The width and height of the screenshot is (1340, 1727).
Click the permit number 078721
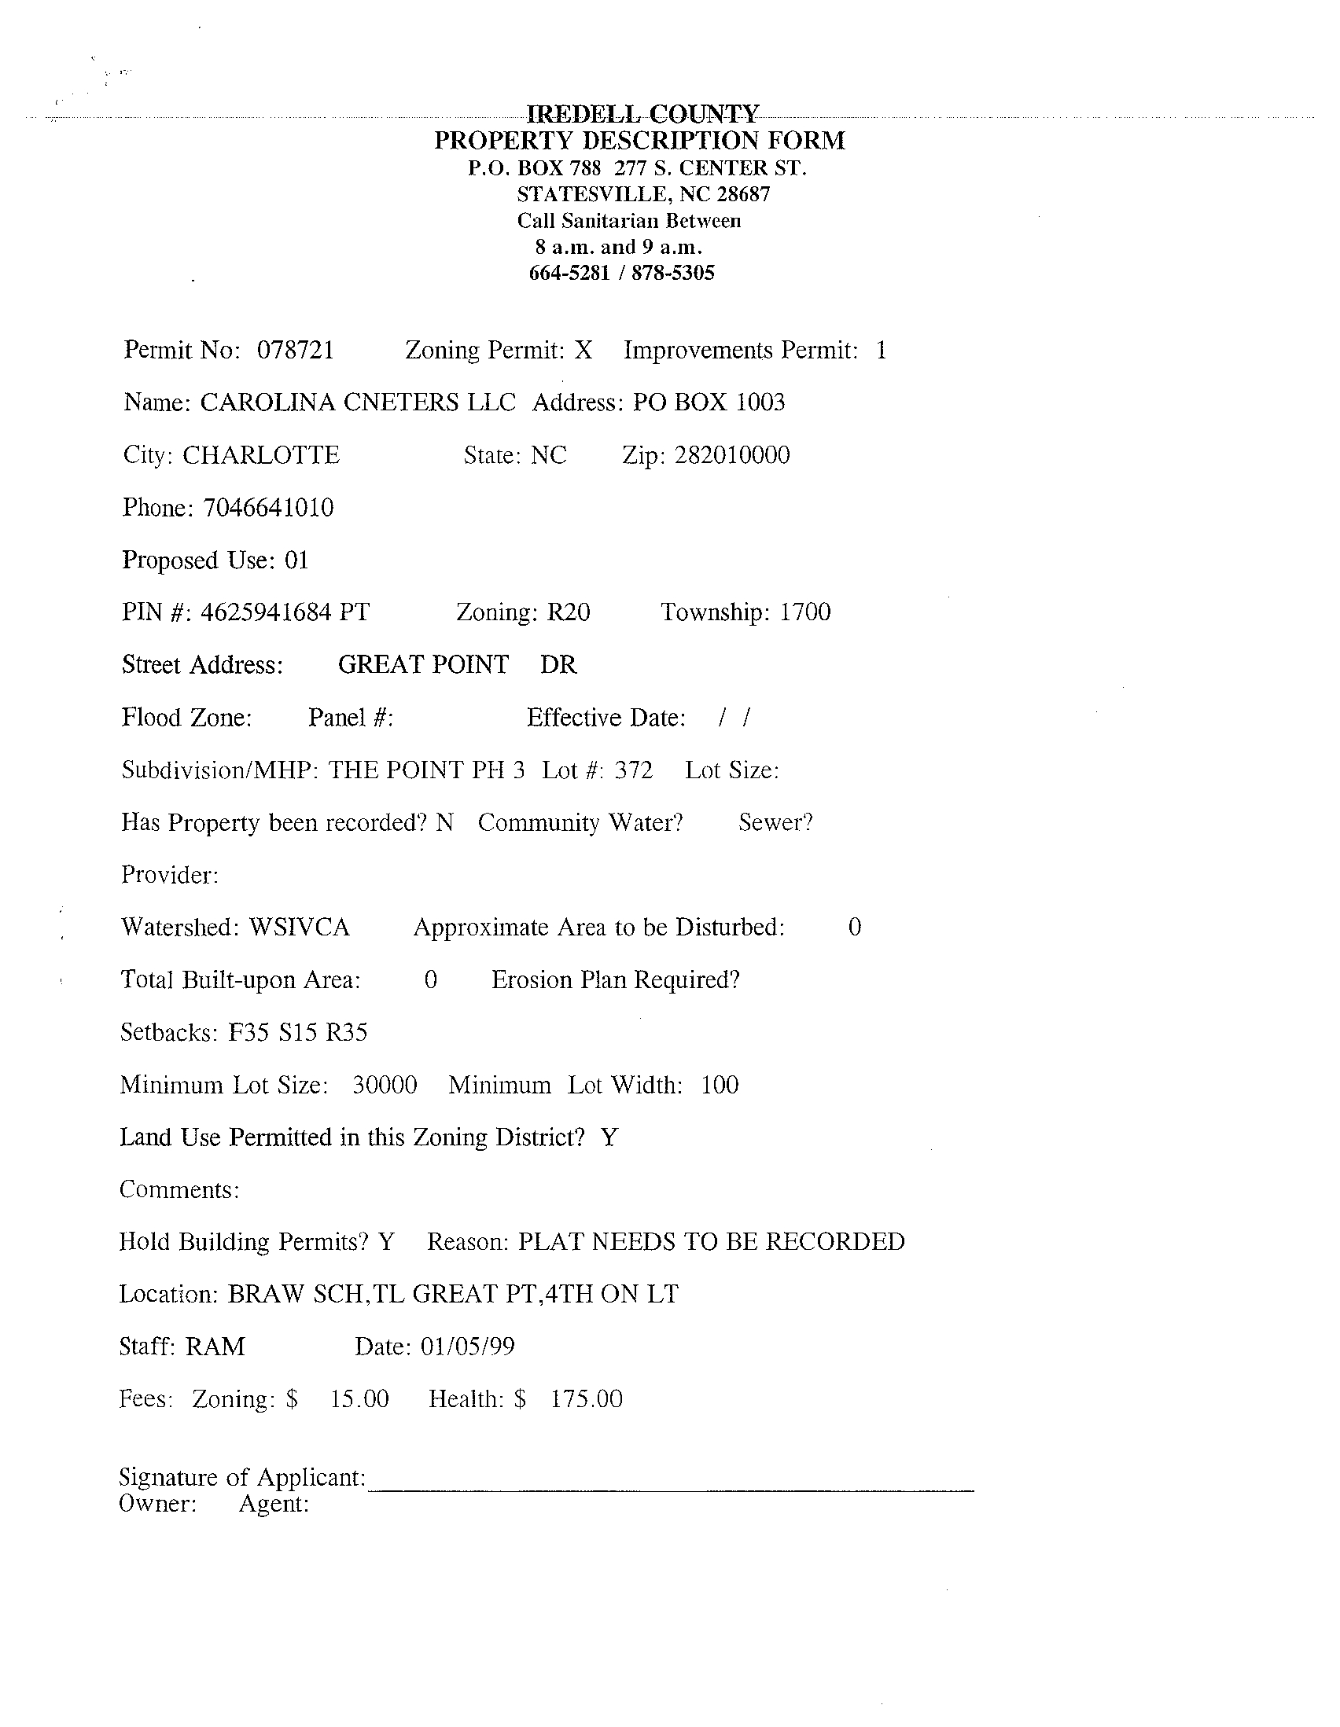[x=295, y=351]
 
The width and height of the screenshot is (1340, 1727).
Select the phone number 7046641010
[x=268, y=508]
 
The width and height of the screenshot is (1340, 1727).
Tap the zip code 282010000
[x=731, y=455]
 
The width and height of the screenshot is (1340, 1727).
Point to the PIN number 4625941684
[x=265, y=613]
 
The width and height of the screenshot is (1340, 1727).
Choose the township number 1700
[x=804, y=613]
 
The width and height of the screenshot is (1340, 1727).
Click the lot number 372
[x=633, y=770]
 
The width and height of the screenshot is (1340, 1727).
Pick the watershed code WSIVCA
[x=299, y=928]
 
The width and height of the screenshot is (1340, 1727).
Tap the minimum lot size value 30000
[x=385, y=1085]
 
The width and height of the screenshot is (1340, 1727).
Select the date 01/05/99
[x=467, y=1347]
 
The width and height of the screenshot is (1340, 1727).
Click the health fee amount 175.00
[x=586, y=1399]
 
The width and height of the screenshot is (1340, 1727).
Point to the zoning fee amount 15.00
[x=359, y=1399]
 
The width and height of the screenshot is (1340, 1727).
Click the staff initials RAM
[x=215, y=1347]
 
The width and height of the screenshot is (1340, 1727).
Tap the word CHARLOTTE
[x=261, y=455]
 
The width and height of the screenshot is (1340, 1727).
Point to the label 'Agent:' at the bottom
[x=274, y=1504]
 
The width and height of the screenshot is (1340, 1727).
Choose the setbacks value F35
[x=248, y=1033]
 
